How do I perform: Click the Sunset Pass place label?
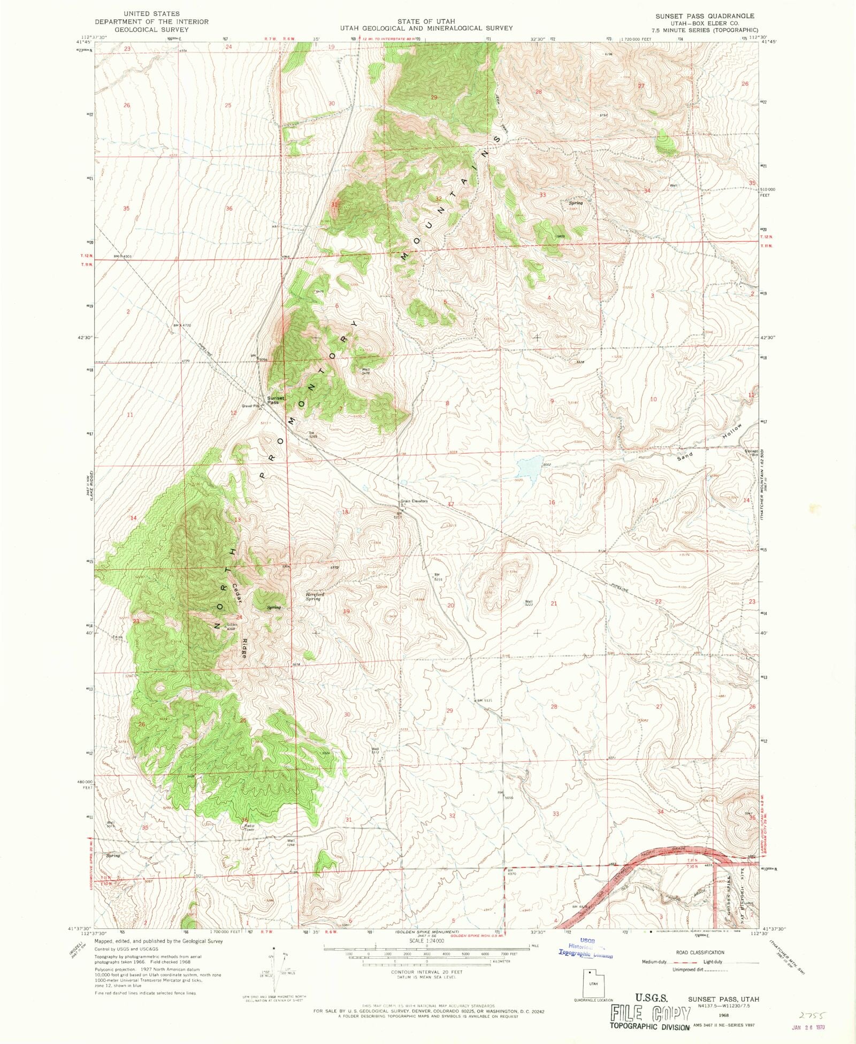coord(276,400)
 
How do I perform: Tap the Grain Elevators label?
coord(414,501)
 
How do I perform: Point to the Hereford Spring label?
coord(315,596)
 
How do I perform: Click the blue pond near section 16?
coord(528,467)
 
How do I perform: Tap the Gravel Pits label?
coord(250,406)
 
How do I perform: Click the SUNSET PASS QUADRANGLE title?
coord(705,16)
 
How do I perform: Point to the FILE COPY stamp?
coord(650,1014)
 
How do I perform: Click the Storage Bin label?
coord(751,453)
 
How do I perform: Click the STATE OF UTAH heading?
coord(426,21)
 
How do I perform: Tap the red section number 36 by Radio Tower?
coord(244,820)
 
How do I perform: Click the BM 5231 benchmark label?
coord(436,577)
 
